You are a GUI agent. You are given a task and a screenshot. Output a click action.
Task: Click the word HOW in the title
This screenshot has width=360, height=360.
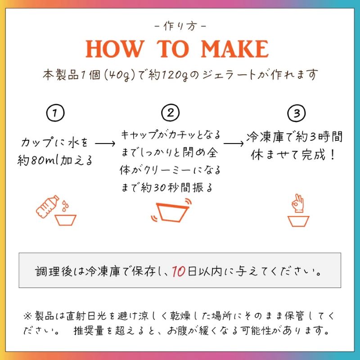(x=115, y=49)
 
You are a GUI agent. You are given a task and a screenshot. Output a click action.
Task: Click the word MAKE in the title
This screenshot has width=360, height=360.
(x=234, y=49)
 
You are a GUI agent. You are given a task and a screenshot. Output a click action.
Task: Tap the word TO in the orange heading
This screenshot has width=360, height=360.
(x=173, y=49)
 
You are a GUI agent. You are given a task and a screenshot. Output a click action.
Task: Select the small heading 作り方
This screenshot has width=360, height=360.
(x=180, y=26)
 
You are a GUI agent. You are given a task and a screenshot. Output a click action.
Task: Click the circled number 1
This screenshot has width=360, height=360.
(x=55, y=113)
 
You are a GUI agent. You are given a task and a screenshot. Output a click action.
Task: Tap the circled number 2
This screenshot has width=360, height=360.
(x=171, y=112)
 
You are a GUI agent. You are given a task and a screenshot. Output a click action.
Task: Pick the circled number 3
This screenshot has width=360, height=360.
(x=297, y=113)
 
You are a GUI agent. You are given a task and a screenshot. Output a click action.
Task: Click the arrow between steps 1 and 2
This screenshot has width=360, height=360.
(x=105, y=144)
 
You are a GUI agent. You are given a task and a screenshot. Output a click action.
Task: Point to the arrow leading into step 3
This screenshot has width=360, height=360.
(x=234, y=144)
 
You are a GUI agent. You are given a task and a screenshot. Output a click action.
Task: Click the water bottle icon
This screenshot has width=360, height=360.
(x=47, y=207)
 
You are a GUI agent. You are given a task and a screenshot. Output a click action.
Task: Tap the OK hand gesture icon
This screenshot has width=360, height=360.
(x=298, y=203)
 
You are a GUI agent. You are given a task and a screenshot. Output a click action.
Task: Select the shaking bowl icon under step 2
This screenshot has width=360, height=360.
(x=171, y=210)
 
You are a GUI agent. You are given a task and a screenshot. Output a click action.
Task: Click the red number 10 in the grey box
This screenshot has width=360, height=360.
(x=179, y=271)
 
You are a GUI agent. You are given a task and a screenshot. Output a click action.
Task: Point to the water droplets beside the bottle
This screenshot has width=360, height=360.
(x=65, y=206)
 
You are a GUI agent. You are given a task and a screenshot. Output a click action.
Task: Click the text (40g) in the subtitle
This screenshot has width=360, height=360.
(x=119, y=75)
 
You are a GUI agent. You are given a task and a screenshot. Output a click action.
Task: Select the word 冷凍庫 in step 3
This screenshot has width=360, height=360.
(x=265, y=137)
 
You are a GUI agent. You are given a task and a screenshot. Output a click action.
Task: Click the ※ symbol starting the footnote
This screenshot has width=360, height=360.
(x=28, y=316)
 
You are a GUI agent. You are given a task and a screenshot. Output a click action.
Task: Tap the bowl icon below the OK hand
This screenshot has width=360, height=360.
(x=298, y=221)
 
